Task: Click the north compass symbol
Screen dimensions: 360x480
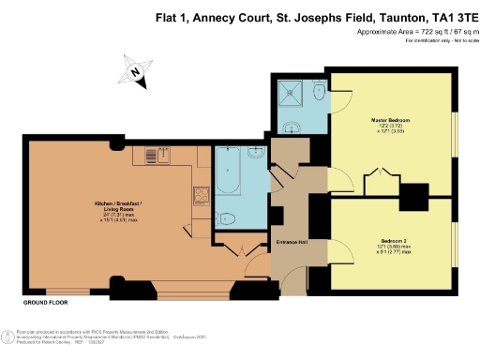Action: [136, 71]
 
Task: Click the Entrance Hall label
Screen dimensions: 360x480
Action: [292, 242]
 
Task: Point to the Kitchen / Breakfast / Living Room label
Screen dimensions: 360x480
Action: [118, 209]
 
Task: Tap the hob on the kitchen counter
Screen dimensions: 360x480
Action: [200, 195]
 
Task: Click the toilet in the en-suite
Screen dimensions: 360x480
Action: [318, 91]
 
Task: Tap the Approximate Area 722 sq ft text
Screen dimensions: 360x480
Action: [412, 33]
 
